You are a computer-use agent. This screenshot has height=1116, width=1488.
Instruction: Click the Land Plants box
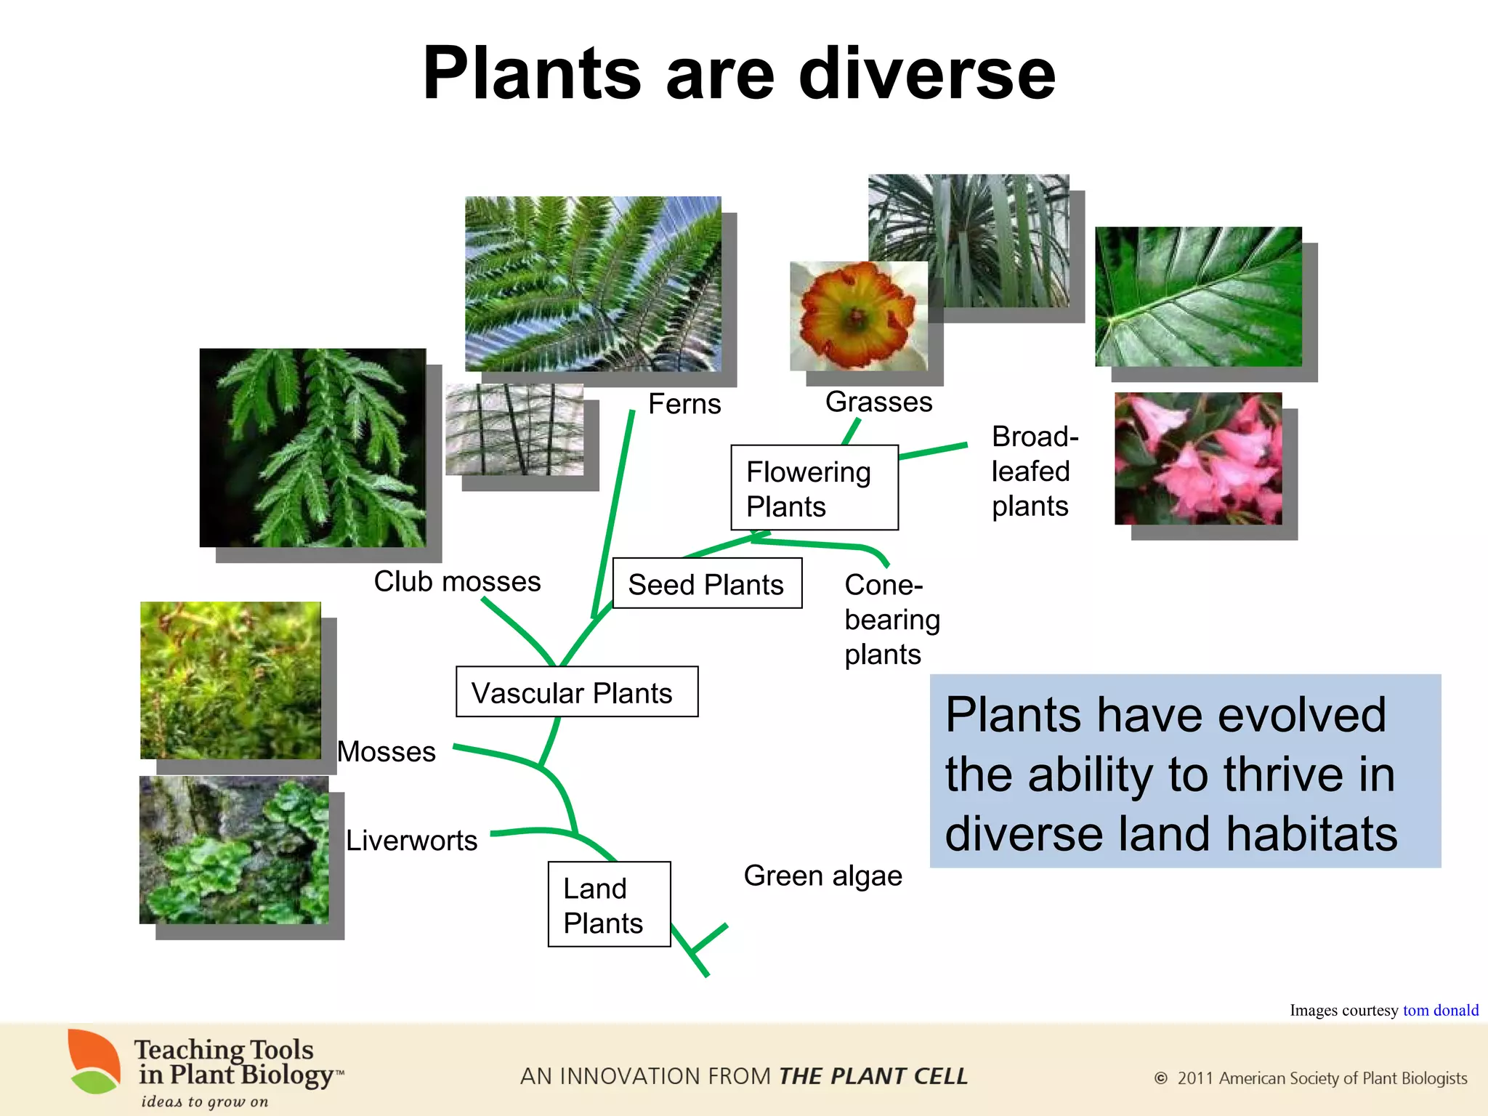(x=609, y=905)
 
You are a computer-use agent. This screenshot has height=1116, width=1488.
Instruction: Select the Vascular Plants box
(x=577, y=692)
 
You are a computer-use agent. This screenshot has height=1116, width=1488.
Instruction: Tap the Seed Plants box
(x=707, y=584)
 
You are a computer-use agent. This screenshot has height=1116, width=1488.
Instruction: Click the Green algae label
(x=822, y=876)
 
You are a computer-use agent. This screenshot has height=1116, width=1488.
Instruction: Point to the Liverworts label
(x=411, y=841)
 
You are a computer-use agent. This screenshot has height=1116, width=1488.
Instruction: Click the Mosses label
(x=387, y=751)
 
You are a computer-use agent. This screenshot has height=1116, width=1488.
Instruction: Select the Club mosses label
(x=457, y=581)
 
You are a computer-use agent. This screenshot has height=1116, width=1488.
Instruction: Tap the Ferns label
(x=684, y=404)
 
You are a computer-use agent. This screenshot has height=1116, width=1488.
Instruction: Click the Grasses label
(x=878, y=402)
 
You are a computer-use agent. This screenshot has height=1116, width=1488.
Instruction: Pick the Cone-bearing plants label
(x=891, y=620)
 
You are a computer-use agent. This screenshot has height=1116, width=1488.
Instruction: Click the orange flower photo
(x=858, y=317)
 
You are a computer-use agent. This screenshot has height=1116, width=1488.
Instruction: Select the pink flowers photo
(x=1198, y=458)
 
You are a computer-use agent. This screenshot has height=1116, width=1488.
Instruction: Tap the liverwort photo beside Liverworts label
(x=234, y=850)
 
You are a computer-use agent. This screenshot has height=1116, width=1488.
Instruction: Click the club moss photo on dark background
(x=312, y=448)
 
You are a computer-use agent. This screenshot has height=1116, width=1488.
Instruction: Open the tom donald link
(x=1440, y=1010)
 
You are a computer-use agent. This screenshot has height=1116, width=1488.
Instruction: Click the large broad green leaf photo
(x=1198, y=296)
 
